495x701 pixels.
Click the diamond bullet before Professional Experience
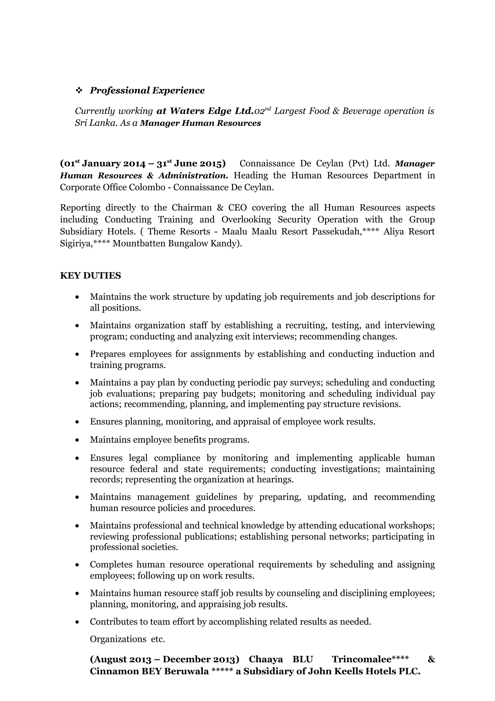[79, 90]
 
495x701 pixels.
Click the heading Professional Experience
[147, 90]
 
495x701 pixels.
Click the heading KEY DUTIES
[90, 276]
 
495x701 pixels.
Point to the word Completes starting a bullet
[111, 565]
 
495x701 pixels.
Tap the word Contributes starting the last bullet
[113, 622]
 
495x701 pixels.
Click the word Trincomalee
[361, 659]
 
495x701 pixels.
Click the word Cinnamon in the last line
[110, 672]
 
